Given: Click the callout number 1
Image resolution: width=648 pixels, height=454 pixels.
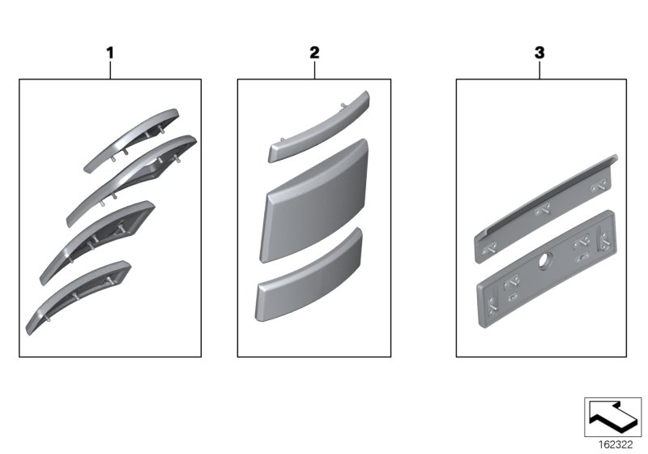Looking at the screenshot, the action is click(x=110, y=53).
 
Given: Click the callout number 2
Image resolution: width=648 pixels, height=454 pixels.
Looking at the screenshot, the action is click(x=314, y=53).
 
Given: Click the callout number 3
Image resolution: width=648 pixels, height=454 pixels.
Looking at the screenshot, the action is click(x=539, y=53).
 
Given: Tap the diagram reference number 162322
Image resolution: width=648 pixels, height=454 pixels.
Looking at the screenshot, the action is click(x=616, y=445).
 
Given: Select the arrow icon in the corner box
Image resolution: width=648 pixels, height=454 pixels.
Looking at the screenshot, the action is click(x=612, y=417).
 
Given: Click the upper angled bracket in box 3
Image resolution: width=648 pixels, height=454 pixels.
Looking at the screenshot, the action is click(x=545, y=209).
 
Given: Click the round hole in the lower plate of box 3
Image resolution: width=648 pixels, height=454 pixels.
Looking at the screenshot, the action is click(x=543, y=260).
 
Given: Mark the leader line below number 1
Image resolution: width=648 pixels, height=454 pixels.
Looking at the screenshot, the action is click(x=110, y=70).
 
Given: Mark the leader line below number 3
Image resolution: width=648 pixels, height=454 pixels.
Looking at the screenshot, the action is click(x=539, y=70).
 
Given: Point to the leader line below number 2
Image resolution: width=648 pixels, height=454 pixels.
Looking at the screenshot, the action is click(x=314, y=70).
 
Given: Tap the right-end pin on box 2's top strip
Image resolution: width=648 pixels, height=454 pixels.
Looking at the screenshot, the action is click(x=343, y=105).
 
